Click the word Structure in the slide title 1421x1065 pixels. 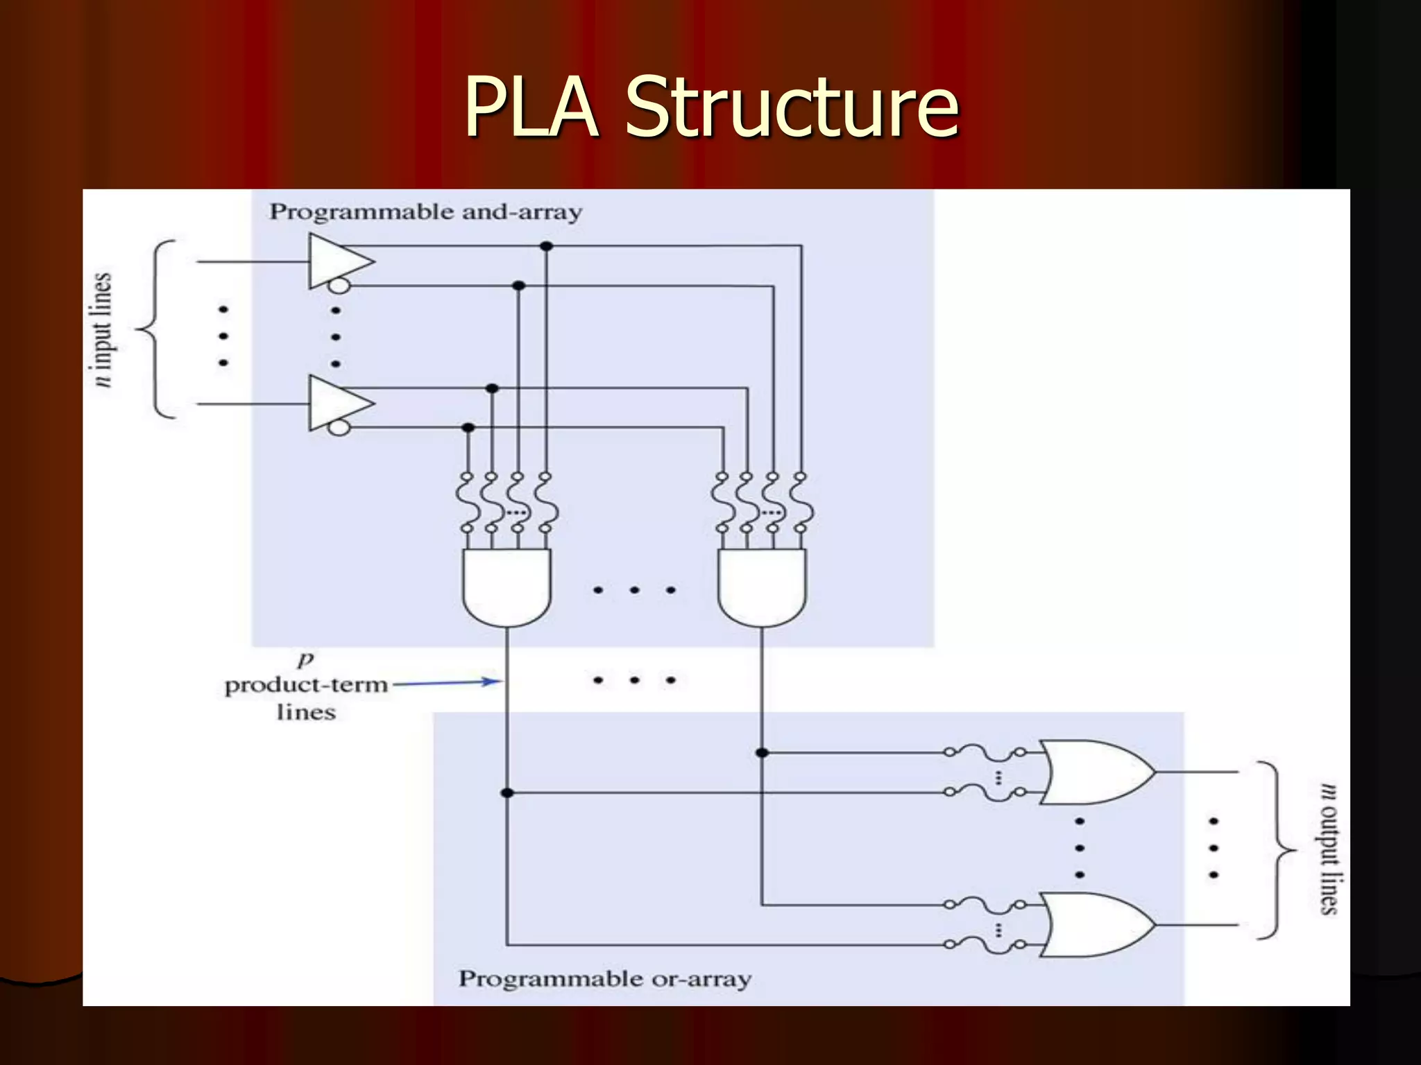tap(792, 107)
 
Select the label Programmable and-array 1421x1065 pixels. tap(425, 211)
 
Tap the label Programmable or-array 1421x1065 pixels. tap(604, 978)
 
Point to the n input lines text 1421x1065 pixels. tap(102, 330)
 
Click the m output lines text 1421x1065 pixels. tap(1328, 849)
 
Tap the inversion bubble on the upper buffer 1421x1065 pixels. tap(339, 286)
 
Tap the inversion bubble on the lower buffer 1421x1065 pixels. tap(339, 427)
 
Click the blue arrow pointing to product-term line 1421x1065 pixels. tap(448, 683)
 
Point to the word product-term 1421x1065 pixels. tap(306, 685)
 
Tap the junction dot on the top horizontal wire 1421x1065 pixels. tap(546, 246)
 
